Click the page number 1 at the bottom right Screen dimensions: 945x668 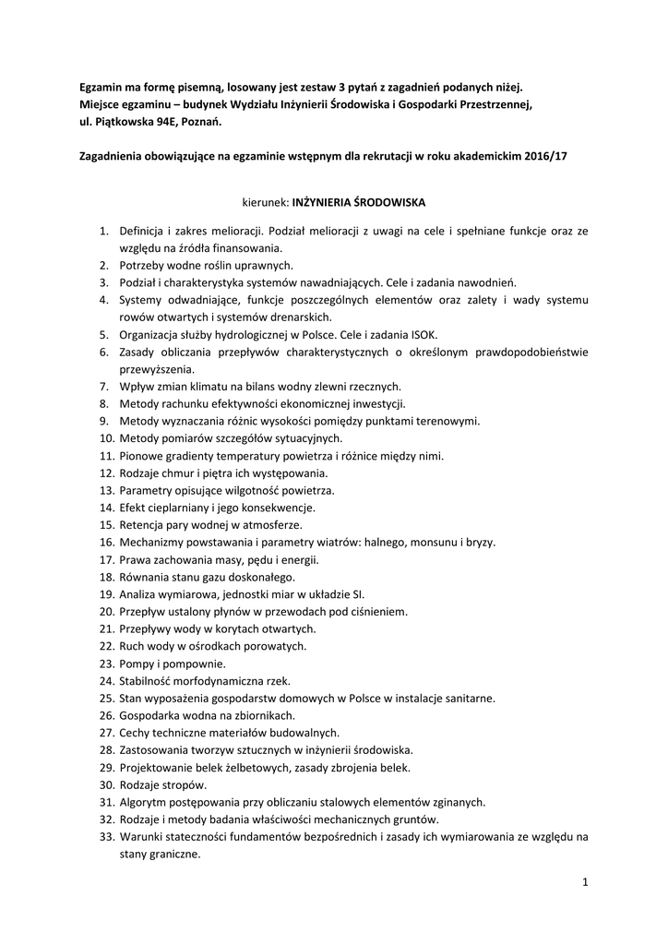(585, 882)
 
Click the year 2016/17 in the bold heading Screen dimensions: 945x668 (545, 156)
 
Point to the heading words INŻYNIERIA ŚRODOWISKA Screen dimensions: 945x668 (359, 200)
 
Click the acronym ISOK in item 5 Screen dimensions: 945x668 (423, 334)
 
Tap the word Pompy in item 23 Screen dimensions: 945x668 (136, 663)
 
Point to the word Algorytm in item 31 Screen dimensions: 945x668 (143, 801)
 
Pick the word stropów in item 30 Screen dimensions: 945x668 (186, 784)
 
